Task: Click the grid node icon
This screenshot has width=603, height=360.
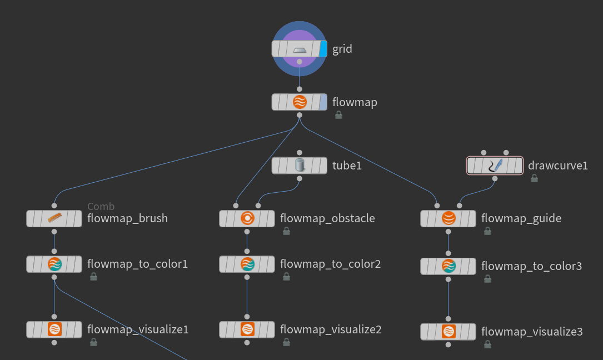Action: pyautogui.click(x=300, y=49)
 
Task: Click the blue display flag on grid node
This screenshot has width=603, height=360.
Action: pyautogui.click(x=323, y=49)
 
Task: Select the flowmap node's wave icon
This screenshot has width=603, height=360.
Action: pyautogui.click(x=300, y=102)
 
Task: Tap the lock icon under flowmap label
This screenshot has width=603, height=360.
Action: pyautogui.click(x=338, y=115)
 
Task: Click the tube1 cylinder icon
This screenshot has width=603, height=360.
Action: pyautogui.click(x=300, y=166)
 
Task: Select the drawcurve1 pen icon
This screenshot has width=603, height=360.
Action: pyautogui.click(x=495, y=166)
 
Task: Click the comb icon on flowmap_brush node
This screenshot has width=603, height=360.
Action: pyautogui.click(x=54, y=218)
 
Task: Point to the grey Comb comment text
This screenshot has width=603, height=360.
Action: pyautogui.click(x=101, y=207)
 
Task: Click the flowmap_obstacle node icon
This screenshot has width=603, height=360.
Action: pyautogui.click(x=247, y=218)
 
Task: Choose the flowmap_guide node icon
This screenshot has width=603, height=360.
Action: pyautogui.click(x=448, y=219)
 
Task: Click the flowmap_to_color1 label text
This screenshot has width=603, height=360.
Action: pyautogui.click(x=137, y=264)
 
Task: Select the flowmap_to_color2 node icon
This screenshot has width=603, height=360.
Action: pyautogui.click(x=247, y=264)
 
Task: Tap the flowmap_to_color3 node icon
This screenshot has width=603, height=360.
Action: pyautogui.click(x=448, y=267)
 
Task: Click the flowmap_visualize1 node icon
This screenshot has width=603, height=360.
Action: pyautogui.click(x=54, y=329)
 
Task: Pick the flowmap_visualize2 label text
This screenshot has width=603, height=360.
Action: pyautogui.click(x=331, y=329)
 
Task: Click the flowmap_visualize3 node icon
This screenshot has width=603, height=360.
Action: pyautogui.click(x=448, y=332)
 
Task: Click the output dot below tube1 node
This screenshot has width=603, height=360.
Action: pyautogui.click(x=300, y=179)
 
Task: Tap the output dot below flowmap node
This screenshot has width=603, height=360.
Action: pyautogui.click(x=300, y=115)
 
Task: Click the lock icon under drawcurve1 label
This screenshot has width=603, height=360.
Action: pyautogui.click(x=534, y=178)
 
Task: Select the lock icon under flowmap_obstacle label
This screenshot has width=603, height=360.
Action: pyautogui.click(x=286, y=231)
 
